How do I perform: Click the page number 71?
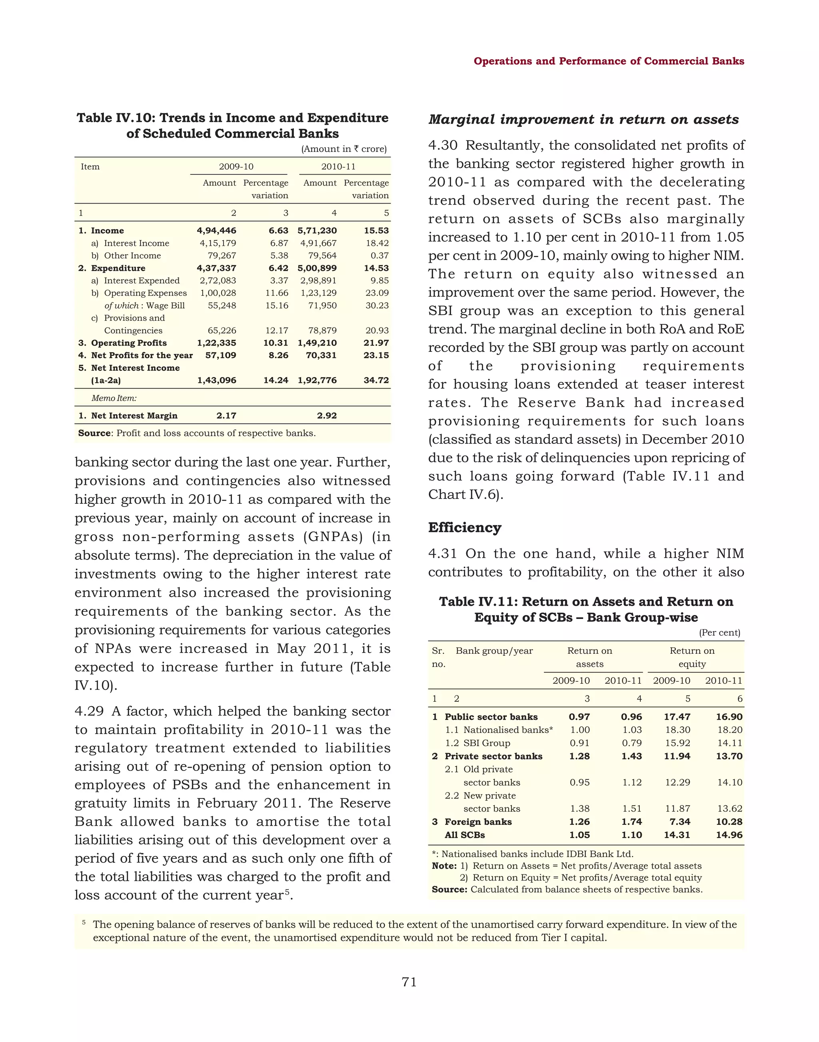[409, 982]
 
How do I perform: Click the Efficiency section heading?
[465, 527]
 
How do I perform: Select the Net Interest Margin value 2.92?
[327, 416]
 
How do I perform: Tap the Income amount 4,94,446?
[216, 231]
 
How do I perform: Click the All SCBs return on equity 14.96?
[729, 835]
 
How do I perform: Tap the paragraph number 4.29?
[89, 711]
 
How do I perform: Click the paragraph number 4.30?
[443, 145]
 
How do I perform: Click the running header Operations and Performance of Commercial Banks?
[609, 61]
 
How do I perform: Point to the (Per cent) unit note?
[719, 633]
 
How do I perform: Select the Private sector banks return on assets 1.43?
[631, 756]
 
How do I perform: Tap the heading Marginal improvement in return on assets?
[583, 120]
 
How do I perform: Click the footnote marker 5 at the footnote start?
[84, 922]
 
